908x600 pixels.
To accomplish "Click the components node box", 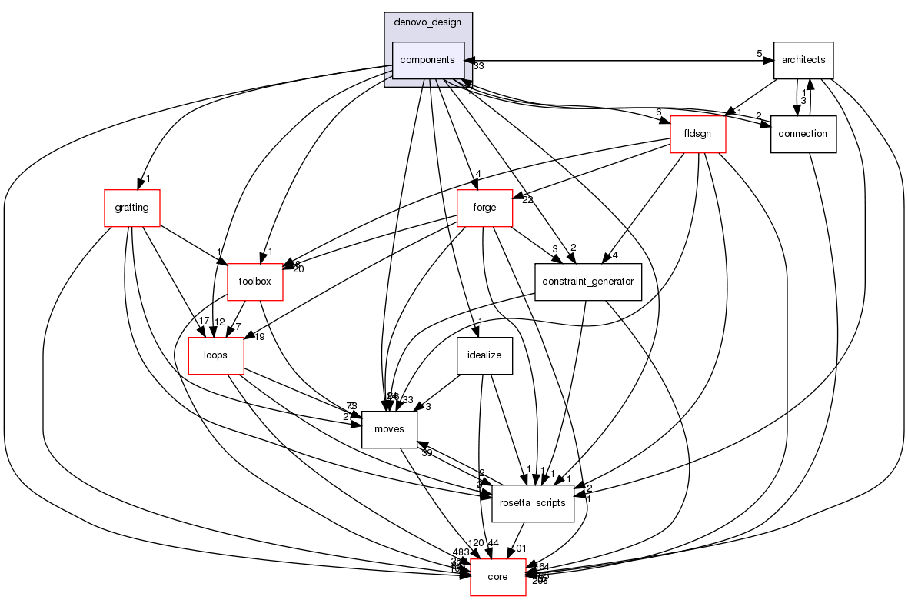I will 428,60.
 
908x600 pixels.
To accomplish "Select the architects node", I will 803,60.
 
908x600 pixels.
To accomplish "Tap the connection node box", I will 803,134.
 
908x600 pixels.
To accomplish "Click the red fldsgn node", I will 697,134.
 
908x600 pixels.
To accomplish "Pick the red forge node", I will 484,208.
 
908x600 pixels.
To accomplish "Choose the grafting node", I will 131,208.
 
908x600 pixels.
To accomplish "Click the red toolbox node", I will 255,282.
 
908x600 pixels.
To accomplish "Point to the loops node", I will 216,355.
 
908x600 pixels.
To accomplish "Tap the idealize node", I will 484,355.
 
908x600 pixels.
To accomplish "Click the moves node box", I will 389,429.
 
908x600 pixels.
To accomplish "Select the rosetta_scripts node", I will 533,503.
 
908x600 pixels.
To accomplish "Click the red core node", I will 497,577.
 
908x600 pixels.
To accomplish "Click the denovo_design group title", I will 427,23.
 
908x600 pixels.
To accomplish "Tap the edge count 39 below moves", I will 426,453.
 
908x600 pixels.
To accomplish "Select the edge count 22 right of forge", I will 528,201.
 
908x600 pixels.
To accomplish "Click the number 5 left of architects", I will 759,54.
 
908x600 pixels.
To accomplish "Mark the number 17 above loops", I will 203,321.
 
